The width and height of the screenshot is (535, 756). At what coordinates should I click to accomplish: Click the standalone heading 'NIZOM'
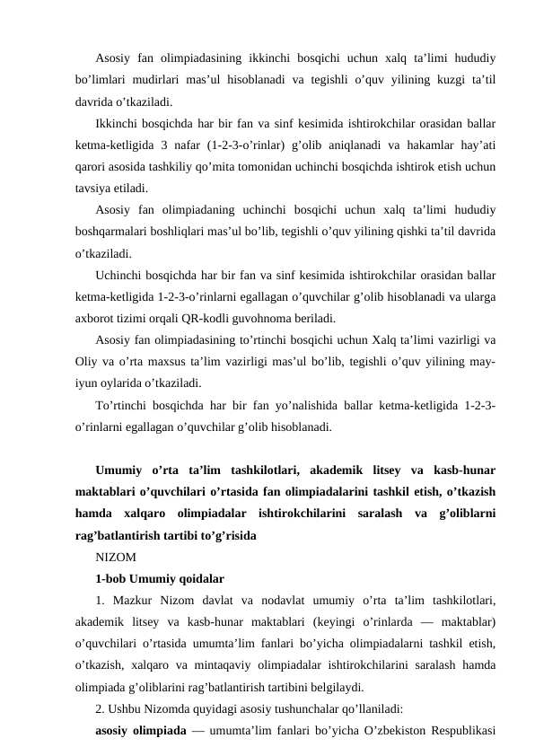[x=113, y=558]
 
